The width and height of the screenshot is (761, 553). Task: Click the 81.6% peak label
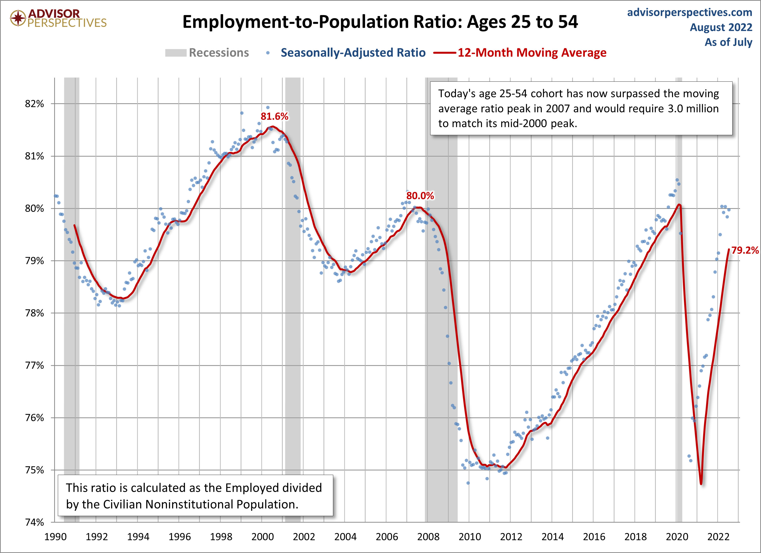pos(274,116)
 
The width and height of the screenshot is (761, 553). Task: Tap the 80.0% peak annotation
pos(420,196)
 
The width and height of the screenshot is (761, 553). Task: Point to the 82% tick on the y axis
pos(34,104)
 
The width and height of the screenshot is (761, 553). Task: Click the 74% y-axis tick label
pos(34,522)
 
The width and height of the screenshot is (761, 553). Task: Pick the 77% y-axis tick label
pos(34,365)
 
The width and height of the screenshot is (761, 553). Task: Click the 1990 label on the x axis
pos(55,536)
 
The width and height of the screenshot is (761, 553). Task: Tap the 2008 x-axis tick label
pos(428,536)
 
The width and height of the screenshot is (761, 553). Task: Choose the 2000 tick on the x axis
pos(262,536)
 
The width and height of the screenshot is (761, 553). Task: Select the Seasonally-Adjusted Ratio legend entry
pos(353,53)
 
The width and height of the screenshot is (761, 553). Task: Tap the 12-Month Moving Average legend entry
pos(532,53)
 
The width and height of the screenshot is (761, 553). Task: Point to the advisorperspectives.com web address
pos(690,12)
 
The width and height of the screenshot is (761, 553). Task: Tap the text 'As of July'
pos(728,42)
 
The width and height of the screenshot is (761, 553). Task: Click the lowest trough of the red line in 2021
pos(701,483)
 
